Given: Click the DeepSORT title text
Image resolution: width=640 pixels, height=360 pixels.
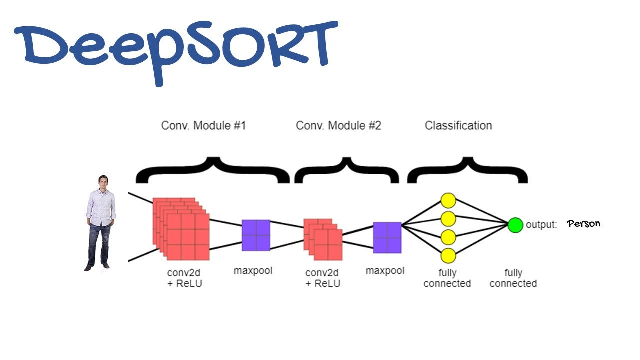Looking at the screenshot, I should [175, 47].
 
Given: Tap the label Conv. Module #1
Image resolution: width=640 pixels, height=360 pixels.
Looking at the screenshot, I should [203, 125].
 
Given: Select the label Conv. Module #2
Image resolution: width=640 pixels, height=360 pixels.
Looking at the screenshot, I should [338, 125].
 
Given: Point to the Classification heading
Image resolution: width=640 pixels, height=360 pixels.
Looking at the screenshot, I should [458, 125].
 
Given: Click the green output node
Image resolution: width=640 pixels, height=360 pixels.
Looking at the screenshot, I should [515, 225].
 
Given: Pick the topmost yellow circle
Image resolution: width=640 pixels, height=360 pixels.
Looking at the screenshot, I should [448, 201].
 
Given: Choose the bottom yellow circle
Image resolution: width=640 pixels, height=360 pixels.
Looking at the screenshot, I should [448, 256].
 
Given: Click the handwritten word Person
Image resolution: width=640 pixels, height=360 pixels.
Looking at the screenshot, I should [584, 224].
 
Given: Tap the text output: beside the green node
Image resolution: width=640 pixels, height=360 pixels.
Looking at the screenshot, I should [541, 225].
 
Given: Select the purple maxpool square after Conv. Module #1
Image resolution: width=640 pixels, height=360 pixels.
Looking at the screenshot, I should [256, 235].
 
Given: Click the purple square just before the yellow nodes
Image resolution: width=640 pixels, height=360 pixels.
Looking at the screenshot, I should [387, 238].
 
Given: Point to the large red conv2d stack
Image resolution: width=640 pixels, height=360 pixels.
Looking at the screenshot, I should [181, 228].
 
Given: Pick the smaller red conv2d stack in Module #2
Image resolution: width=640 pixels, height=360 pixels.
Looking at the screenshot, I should [323, 239].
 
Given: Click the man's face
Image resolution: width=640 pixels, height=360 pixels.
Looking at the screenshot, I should [103, 181].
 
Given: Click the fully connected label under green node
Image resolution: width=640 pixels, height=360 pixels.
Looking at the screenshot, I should [513, 278].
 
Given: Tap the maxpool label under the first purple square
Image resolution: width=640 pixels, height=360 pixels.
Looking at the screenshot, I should [253, 271].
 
